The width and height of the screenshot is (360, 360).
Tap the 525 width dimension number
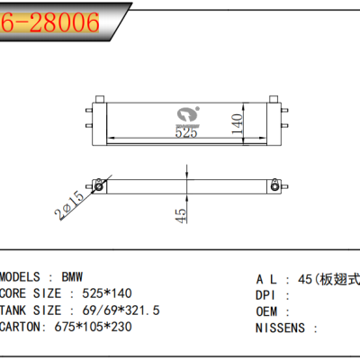pos(185,131)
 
